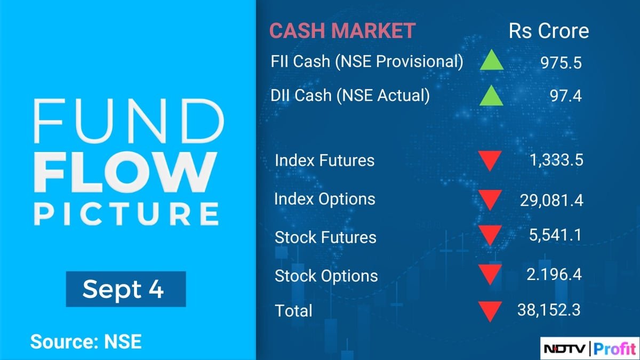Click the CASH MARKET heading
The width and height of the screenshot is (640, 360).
click(342, 31)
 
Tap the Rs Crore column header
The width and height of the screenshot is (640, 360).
click(549, 31)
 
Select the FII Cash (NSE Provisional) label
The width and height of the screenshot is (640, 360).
click(367, 61)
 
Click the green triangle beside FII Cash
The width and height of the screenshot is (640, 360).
click(491, 62)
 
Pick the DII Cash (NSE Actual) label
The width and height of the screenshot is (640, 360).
click(350, 95)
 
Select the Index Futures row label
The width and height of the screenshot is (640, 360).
click(324, 160)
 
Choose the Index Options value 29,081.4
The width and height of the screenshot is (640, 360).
click(551, 200)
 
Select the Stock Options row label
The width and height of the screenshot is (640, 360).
click(326, 276)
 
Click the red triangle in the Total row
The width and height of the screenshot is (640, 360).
click(490, 311)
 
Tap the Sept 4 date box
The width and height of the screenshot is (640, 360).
click(125, 289)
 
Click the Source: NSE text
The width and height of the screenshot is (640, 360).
click(86, 341)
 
